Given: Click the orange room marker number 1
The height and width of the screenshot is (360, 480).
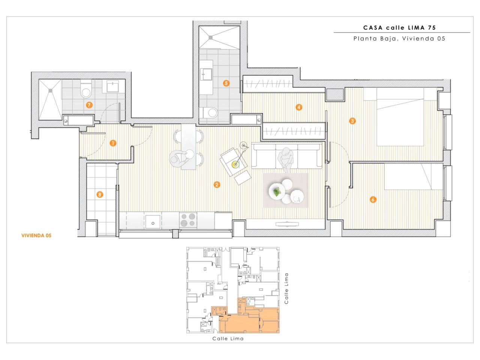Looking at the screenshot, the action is pos(113,143).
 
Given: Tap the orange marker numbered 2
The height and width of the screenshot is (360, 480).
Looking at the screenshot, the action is pos(216,185).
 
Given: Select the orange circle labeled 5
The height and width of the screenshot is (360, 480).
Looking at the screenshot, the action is pos(226,83).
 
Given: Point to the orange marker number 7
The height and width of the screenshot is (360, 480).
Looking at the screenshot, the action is pos(89,105).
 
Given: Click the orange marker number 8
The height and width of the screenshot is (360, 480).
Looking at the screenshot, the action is pos(100,194).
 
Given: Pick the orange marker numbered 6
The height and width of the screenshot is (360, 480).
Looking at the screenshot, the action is pos(373,199).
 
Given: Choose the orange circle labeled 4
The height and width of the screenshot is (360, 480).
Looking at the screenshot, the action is pos(299,107).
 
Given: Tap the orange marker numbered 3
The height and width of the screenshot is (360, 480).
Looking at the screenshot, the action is pos(352,121).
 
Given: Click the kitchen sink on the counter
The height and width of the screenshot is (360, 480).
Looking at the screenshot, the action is pos(153,222).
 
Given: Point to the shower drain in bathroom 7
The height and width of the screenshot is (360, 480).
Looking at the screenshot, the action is pos(51,90).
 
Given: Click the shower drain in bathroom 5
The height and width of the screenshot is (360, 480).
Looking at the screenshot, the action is pos(210,37).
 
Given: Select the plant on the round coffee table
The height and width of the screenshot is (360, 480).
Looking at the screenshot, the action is pos(277,192).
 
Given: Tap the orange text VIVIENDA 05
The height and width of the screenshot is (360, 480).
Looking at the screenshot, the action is pos(36,235).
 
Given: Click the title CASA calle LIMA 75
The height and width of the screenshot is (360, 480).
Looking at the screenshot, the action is pos(399,28).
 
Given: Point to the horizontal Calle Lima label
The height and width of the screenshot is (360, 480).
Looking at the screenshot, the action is pos(228,339).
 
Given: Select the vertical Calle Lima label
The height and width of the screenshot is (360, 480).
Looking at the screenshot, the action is pos(286,288).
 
